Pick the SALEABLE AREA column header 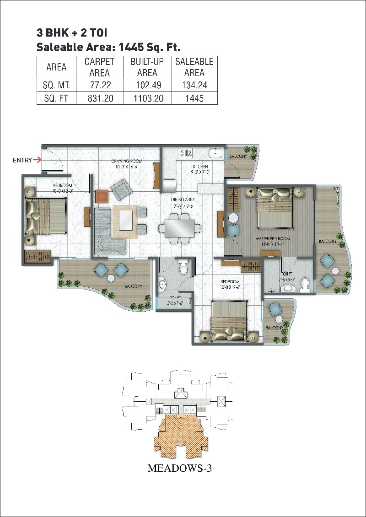[194, 67]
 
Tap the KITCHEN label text [200, 167]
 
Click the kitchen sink [215, 153]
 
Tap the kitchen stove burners [186, 153]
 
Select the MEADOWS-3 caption [180, 469]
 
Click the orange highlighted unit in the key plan [182, 435]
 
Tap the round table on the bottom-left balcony [110, 278]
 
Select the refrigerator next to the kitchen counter [168, 186]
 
